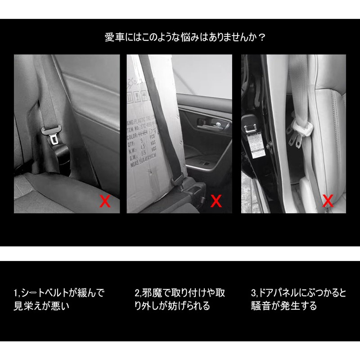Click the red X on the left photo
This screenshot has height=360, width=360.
tap(105, 201)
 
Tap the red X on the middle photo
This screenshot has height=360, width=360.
tap(216, 201)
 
